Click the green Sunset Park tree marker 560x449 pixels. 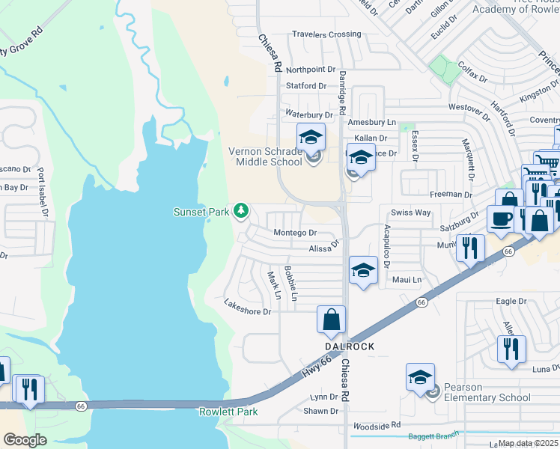point(241,212)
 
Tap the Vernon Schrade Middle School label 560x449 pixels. point(266,157)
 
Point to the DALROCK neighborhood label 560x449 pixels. point(348,347)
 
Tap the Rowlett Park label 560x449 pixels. point(228,412)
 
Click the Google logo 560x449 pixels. point(25,440)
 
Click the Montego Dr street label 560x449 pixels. point(295,233)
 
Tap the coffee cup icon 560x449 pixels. point(501,219)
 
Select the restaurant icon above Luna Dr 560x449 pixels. point(511,349)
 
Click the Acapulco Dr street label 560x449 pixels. point(387,245)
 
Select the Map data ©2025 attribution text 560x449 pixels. point(529,443)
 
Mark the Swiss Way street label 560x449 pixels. point(416,213)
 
